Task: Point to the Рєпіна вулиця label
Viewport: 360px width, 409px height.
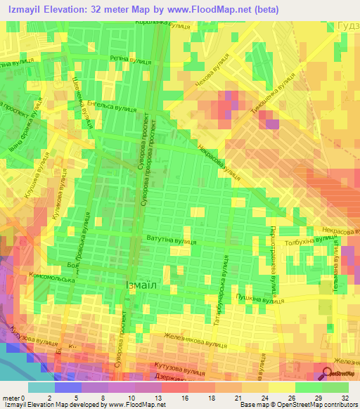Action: (x=131, y=60)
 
